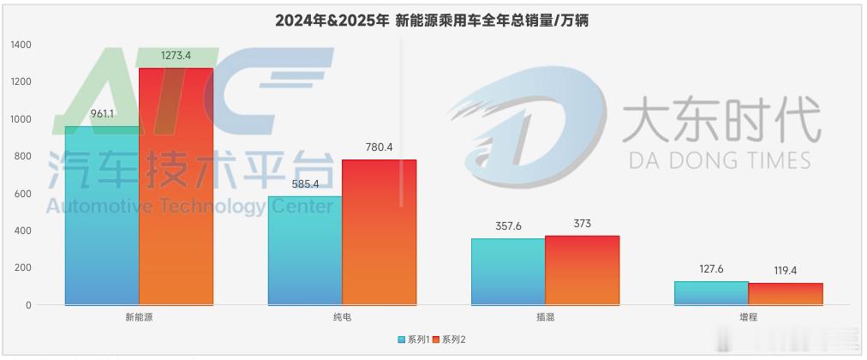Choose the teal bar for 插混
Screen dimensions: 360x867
tap(508, 271)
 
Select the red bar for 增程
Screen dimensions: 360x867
tap(786, 293)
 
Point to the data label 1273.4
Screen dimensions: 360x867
tap(176, 56)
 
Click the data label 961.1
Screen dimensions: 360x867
tap(102, 113)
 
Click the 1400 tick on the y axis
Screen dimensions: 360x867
tap(21, 45)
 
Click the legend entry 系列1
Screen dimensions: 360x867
tap(414, 339)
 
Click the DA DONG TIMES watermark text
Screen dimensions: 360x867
tap(720, 159)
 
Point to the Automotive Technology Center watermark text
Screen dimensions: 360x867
tap(188, 207)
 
